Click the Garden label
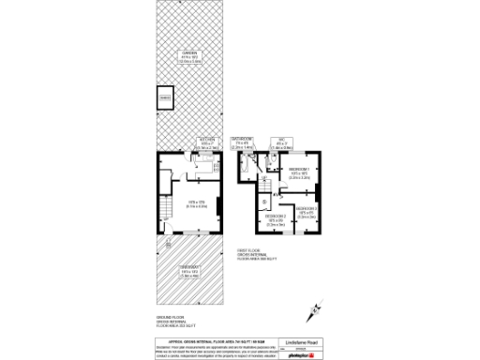coord(190,55)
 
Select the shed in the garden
coord(165,97)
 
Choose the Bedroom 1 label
coord(299,171)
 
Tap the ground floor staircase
coord(164,208)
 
